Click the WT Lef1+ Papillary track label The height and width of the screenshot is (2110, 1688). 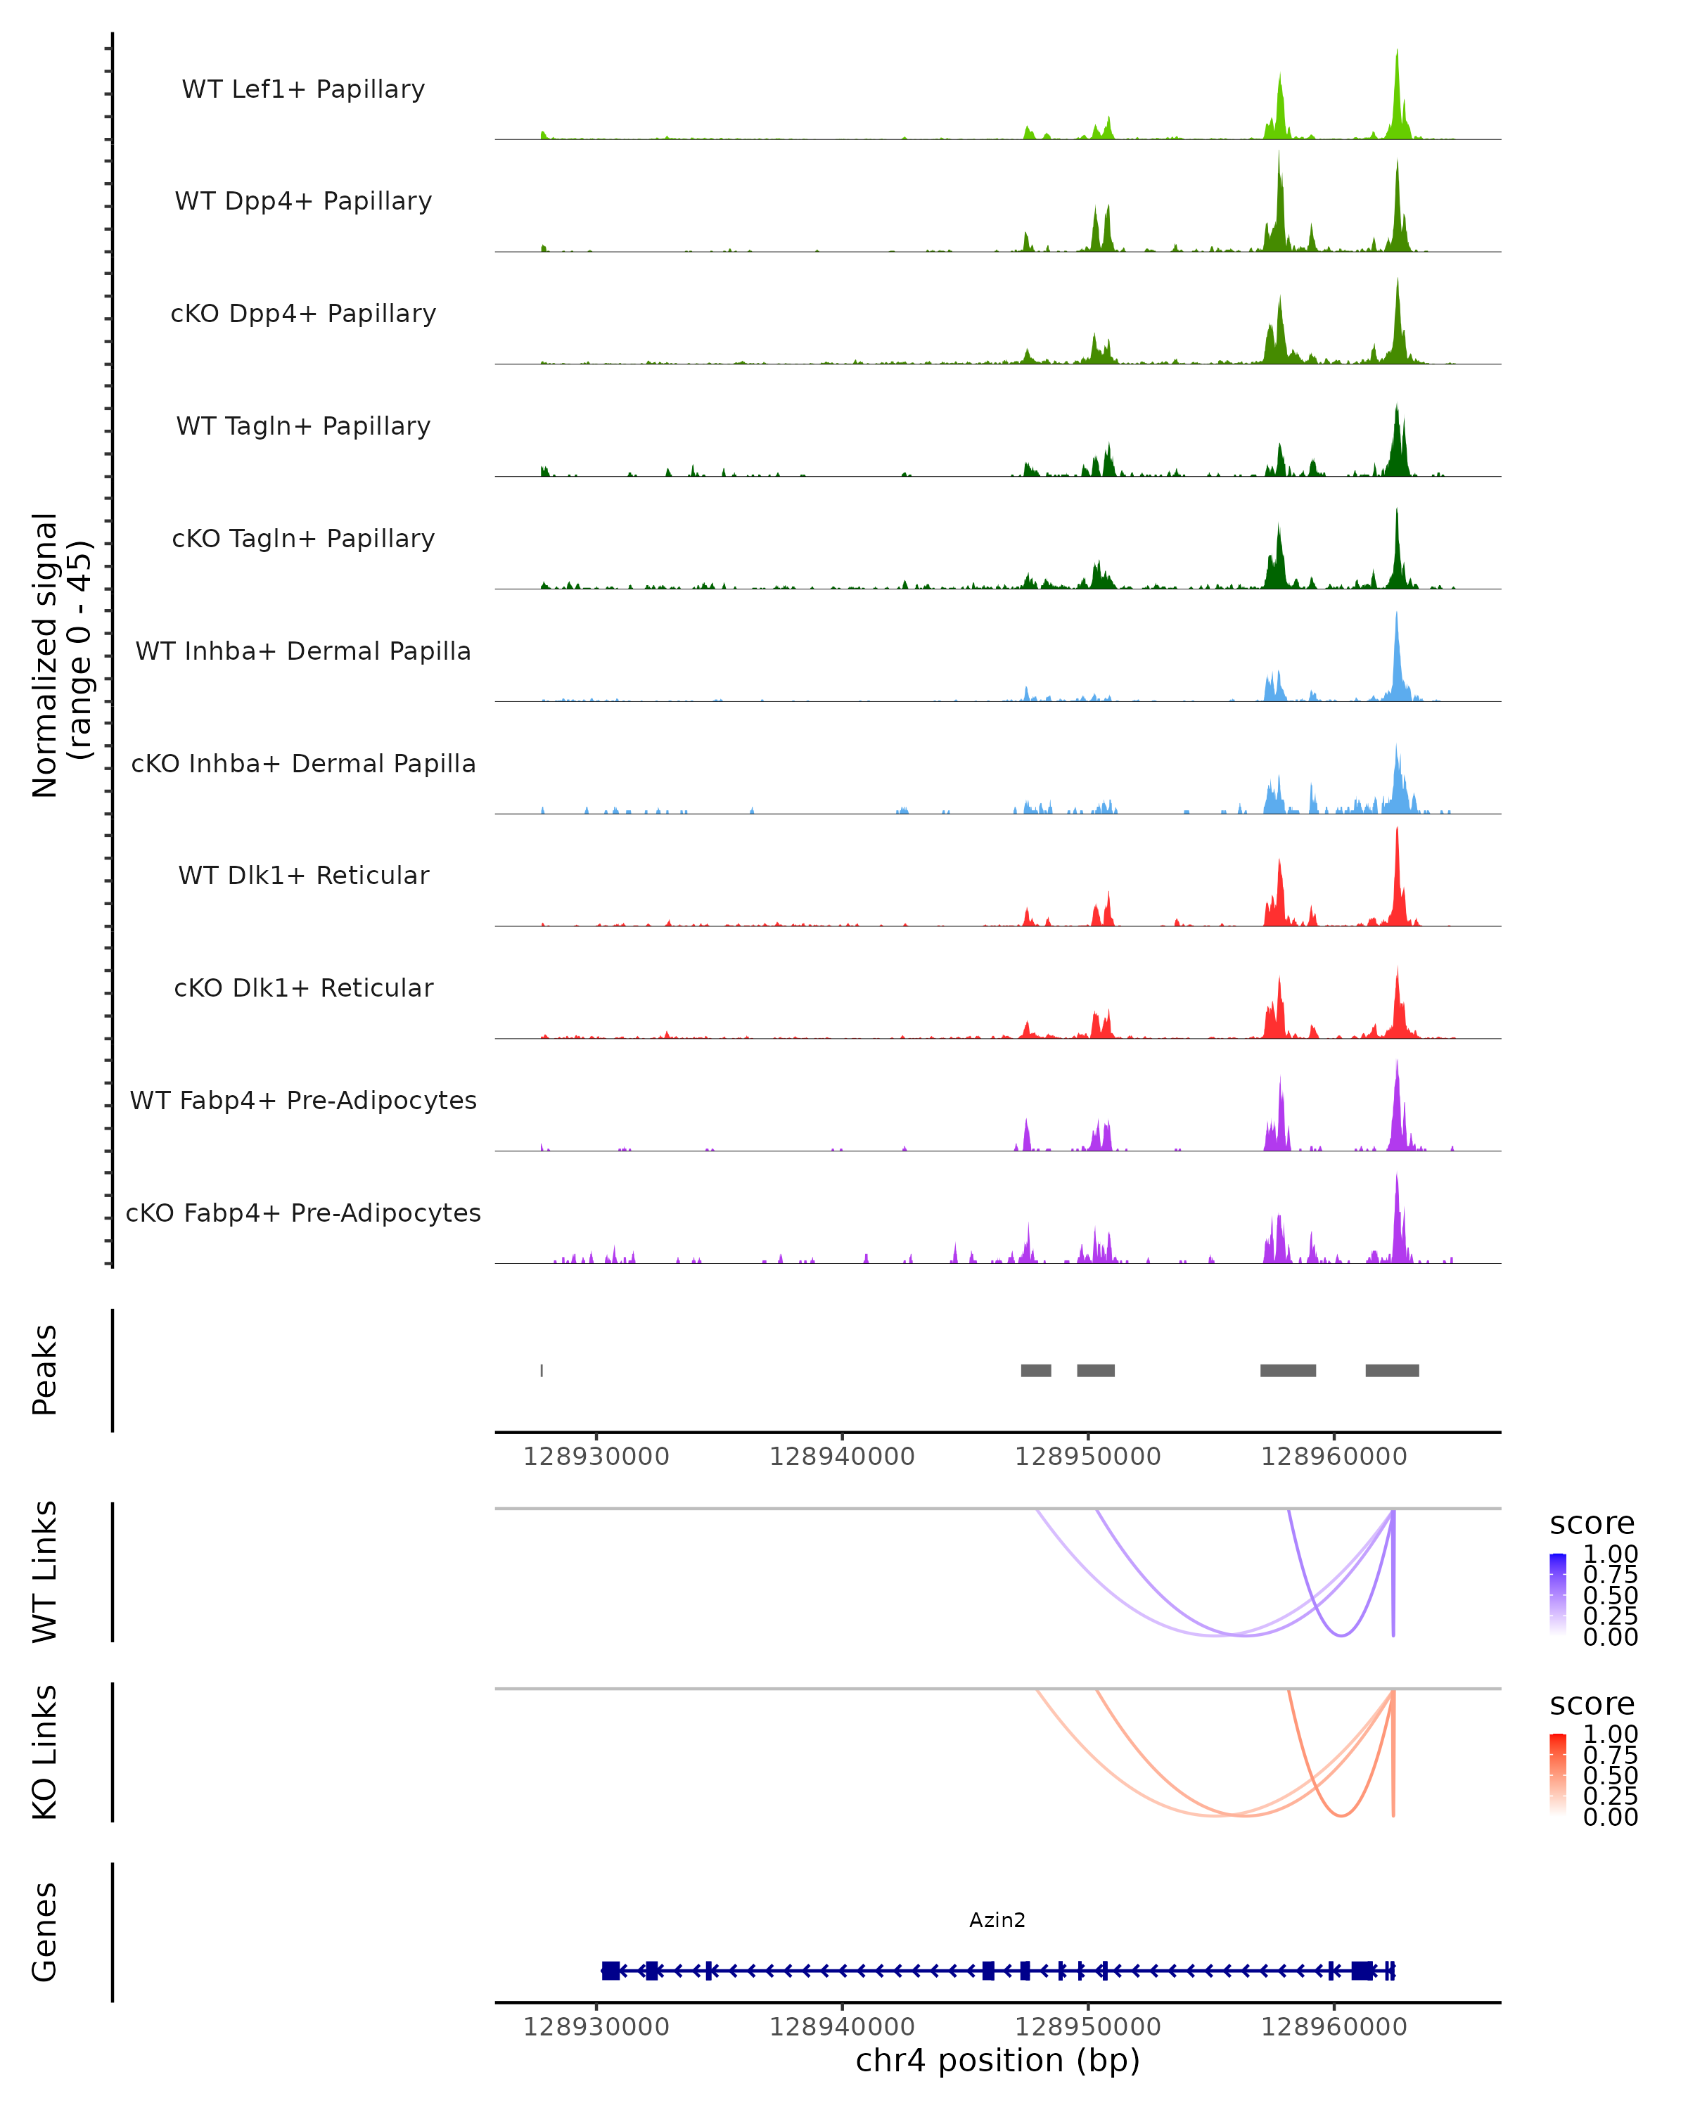pos(303,89)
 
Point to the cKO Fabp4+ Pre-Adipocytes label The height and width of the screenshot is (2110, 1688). pos(303,1213)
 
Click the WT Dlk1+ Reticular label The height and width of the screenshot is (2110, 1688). pos(303,875)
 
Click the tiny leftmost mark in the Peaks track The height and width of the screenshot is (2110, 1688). pos(542,1370)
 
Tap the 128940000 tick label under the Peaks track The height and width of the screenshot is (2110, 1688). pos(842,1457)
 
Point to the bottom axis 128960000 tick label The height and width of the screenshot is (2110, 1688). pos(1333,2027)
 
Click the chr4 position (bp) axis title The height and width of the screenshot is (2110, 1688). pos(997,2061)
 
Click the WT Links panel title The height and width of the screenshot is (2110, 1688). pos(45,1572)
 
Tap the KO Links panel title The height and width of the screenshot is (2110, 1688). pos(45,1752)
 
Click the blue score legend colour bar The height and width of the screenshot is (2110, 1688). pos(1558,1594)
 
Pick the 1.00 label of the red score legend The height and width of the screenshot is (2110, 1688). pos(1611,1734)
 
